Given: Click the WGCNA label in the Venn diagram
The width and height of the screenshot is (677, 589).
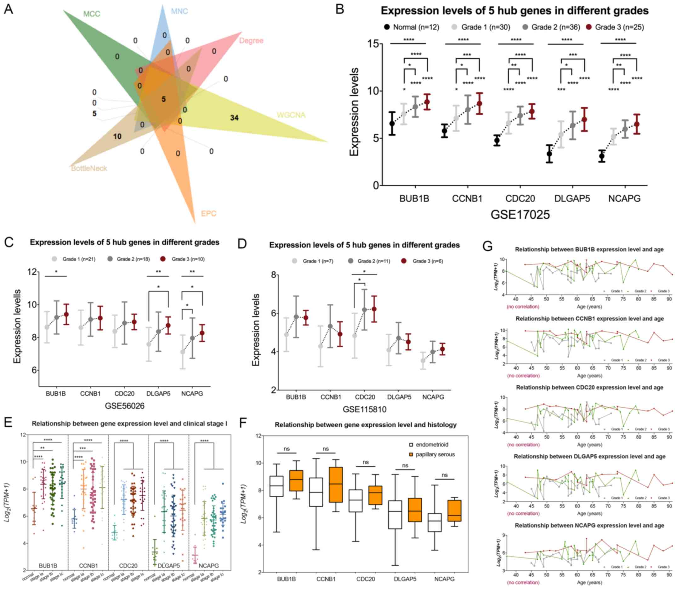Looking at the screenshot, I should tap(291, 115).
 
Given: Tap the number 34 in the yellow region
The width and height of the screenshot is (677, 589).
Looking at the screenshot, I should tap(234, 118).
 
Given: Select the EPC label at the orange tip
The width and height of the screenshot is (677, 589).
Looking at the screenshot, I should tap(208, 214).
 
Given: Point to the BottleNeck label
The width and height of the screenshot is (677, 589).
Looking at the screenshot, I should tap(89, 168).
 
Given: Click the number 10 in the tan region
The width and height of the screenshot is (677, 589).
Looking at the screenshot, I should tap(117, 136).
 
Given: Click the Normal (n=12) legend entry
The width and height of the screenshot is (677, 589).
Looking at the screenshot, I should tap(412, 27).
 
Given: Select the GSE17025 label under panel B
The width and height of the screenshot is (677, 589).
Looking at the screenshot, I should tap(520, 215).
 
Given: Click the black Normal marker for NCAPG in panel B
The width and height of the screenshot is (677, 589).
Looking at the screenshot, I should tap(601, 156).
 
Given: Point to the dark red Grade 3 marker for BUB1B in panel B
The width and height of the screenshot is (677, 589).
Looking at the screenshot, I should tap(427, 101).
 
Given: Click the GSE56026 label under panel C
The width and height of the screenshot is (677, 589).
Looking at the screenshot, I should tap(124, 406).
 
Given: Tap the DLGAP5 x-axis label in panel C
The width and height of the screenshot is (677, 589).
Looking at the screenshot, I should tap(158, 393).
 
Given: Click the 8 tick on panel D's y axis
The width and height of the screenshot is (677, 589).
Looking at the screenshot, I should tap(273, 274).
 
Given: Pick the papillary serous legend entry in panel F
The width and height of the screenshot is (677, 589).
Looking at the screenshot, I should tap(432, 454).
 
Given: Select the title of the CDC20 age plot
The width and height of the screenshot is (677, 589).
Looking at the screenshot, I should tap(589, 388).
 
